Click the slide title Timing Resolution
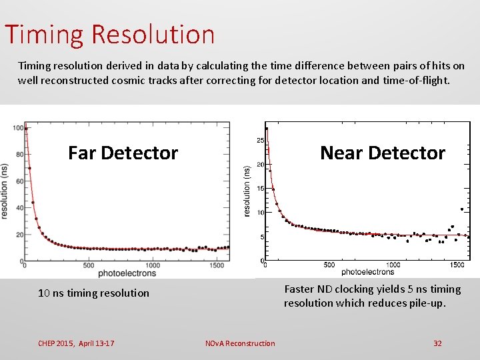(x=110, y=34)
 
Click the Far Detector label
(x=123, y=153)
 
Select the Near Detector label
(x=382, y=153)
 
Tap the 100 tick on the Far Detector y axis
(x=18, y=128)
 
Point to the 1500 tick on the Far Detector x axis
(x=216, y=265)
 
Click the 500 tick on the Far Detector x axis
(x=88, y=265)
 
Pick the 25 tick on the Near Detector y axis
(x=261, y=141)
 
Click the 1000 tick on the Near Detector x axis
(x=393, y=265)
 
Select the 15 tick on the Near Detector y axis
(x=261, y=189)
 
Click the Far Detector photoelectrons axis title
(x=127, y=273)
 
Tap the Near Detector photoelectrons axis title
(x=367, y=272)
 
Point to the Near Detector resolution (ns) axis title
(x=247, y=191)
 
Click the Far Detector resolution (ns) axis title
(x=5, y=191)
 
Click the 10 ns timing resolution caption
(x=93, y=293)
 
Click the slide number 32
(x=437, y=343)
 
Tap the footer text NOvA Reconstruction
(x=240, y=343)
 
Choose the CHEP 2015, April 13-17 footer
(x=76, y=343)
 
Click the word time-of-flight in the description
(x=417, y=81)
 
